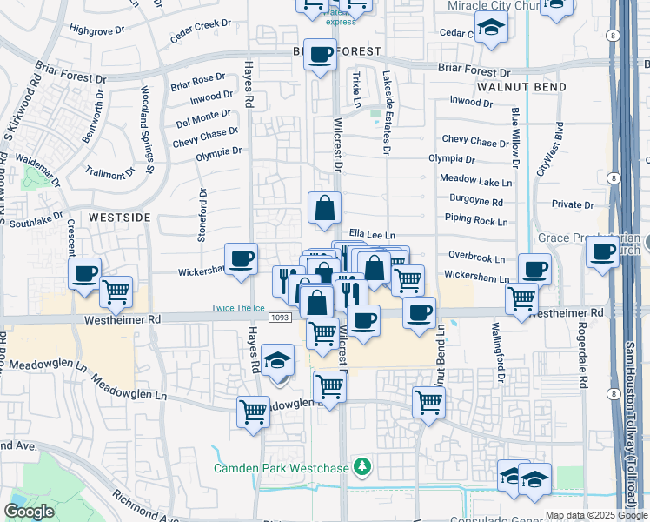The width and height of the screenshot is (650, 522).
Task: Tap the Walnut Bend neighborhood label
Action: click(522, 87)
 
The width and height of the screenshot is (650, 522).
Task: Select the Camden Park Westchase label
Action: click(282, 468)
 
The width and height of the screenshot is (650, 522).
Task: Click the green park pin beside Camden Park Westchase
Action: click(362, 468)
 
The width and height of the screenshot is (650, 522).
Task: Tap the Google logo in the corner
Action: click(30, 512)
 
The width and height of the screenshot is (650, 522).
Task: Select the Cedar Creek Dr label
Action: click(193, 32)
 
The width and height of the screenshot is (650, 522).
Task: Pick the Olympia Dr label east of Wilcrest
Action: click(452, 159)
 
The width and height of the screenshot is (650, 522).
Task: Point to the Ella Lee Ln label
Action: click(372, 235)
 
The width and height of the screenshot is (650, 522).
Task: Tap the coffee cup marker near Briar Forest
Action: click(320, 55)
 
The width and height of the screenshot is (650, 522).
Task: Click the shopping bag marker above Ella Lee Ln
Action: click(324, 208)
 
